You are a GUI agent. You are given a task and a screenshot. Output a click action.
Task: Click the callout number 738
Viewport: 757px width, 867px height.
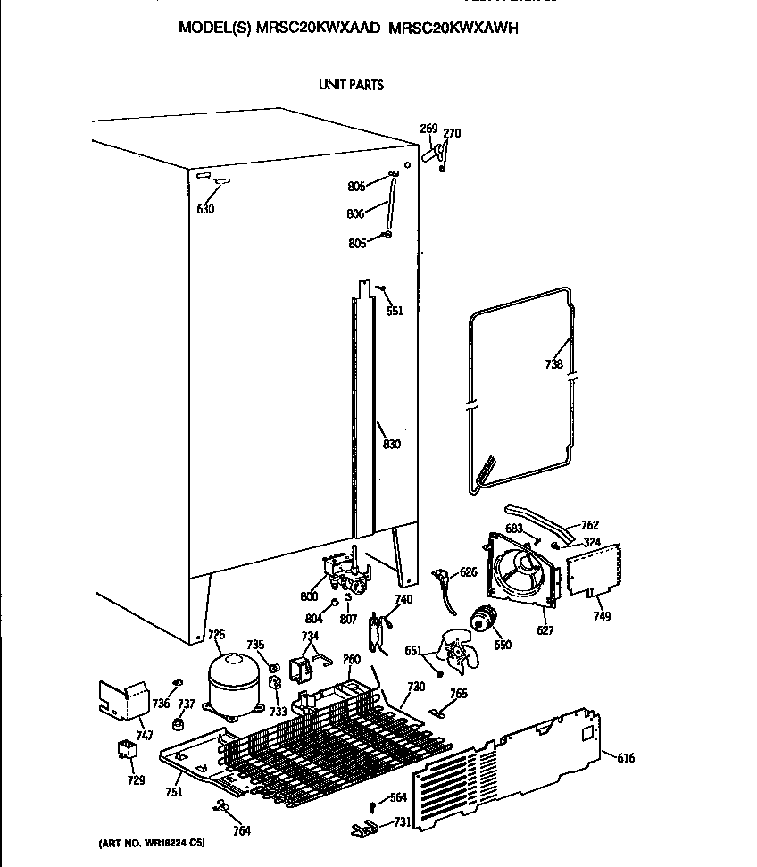click(x=554, y=363)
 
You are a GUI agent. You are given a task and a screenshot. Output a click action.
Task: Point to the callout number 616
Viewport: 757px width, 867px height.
click(x=626, y=758)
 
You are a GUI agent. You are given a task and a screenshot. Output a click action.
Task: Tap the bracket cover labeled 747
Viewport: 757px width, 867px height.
click(x=123, y=698)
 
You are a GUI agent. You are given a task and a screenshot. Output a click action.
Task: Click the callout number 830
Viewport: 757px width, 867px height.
click(x=391, y=445)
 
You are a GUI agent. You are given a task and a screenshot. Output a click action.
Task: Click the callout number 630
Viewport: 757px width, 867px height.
click(x=205, y=210)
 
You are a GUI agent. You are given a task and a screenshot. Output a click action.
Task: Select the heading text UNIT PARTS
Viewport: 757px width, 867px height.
click(x=351, y=85)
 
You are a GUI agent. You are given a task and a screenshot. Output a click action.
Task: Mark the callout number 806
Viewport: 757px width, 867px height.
click(x=355, y=213)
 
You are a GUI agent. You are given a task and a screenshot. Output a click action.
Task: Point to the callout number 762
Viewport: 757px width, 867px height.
click(x=590, y=525)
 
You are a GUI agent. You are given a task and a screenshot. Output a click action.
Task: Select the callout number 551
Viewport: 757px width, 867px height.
click(x=394, y=311)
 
